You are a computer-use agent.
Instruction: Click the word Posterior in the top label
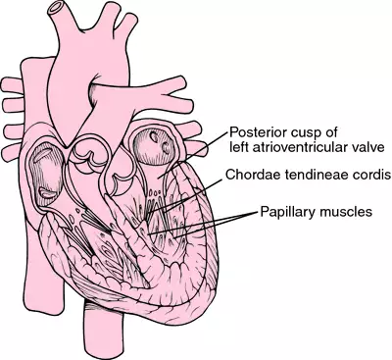click(x=256, y=131)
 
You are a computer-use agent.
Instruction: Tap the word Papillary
click(x=288, y=211)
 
